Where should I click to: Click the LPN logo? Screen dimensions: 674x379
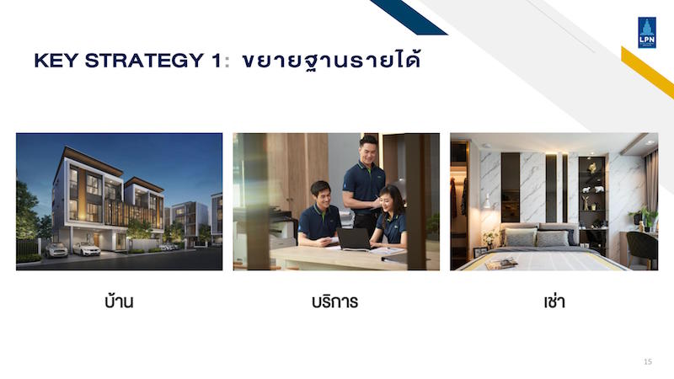tap(647, 33)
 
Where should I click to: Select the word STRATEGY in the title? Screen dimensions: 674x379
tap(144, 61)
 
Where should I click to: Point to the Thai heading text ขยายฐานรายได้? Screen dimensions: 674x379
tap(331, 61)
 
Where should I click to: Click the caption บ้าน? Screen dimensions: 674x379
tap(119, 301)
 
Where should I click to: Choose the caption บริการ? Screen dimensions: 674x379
tap(334, 302)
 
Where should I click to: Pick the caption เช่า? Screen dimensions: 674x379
tap(554, 302)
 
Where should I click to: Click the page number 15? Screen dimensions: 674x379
tap(648, 362)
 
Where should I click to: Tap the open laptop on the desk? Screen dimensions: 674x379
tap(354, 239)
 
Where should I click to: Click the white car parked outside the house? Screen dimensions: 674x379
tap(87, 248)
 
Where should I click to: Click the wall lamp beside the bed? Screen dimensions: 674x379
tap(487, 201)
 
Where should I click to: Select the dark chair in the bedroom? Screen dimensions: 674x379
tap(642, 250)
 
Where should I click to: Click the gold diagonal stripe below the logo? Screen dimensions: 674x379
tap(647, 72)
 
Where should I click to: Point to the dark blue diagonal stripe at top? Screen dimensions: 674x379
tap(409, 17)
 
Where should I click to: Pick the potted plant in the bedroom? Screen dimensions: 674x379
tap(644, 217)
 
